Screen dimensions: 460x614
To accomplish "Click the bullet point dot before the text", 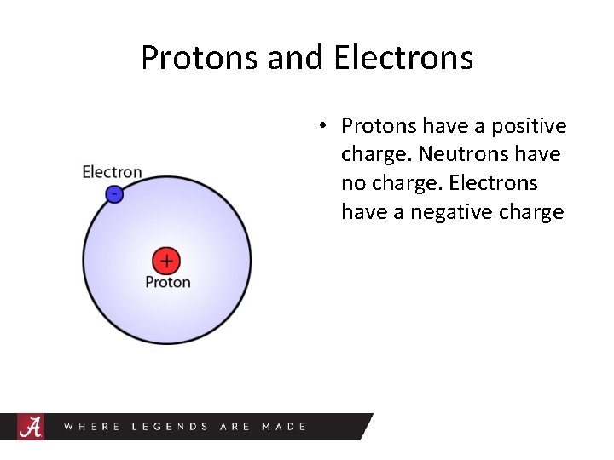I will point(321,127).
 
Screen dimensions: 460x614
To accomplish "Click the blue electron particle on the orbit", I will point(114,194).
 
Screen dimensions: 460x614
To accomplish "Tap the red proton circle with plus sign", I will point(165,261).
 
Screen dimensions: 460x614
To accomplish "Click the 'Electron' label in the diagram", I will point(112,172).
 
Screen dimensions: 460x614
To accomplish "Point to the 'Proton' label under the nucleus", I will point(168,282).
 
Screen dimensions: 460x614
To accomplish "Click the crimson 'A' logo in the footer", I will point(32,426).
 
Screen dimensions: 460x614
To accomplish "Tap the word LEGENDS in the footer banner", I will point(170,426).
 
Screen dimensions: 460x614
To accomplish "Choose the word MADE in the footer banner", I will point(283,426).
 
